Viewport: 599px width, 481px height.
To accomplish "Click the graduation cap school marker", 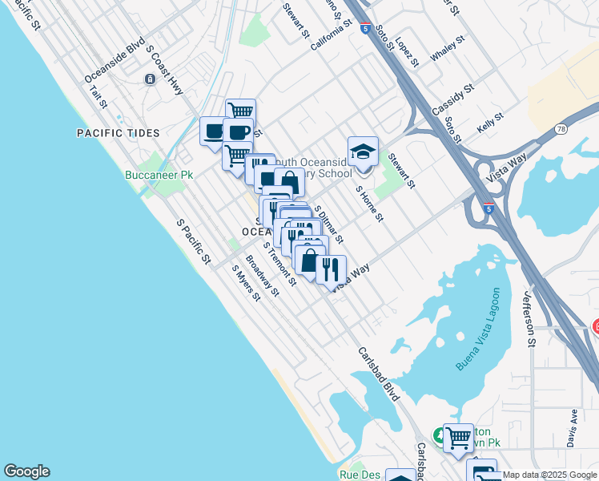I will click(x=363, y=152).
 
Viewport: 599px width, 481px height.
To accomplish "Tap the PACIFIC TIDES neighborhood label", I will click(x=118, y=133).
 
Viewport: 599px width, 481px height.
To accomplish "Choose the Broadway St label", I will click(x=262, y=276).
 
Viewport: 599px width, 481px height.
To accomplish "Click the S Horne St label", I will click(x=370, y=204).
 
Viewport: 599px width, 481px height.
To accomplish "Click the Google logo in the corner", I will click(x=26, y=471).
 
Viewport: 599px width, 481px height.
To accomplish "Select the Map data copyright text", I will click(x=550, y=475).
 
